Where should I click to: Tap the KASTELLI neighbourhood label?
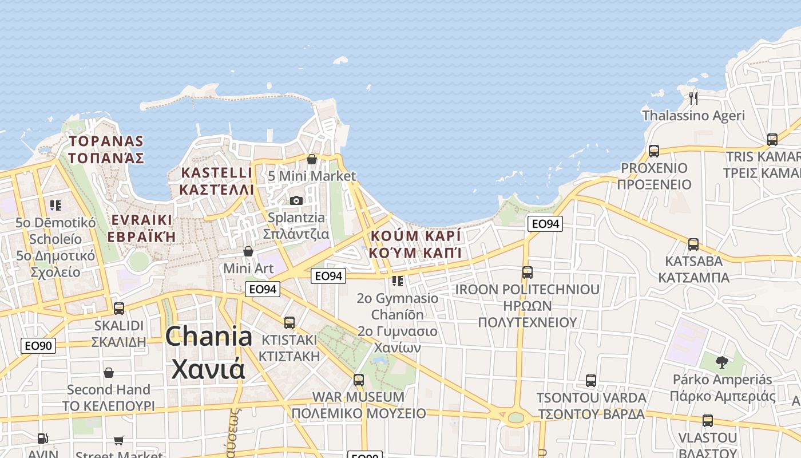[216, 180]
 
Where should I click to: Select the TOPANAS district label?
[106, 149]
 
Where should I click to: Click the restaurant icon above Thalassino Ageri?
[693, 98]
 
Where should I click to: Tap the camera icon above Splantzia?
[296, 200]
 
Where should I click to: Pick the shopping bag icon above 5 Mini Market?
[312, 159]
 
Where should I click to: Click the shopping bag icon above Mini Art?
[248, 251]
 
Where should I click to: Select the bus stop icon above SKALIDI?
[119, 308]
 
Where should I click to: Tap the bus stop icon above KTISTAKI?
[290, 322]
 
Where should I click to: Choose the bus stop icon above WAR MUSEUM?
[359, 380]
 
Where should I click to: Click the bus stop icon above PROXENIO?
[653, 151]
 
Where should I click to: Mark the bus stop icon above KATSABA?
[693, 244]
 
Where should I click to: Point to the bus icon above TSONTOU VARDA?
[591, 381]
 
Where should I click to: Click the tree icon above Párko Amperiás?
[722, 362]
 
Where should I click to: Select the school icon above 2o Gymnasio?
[398, 281]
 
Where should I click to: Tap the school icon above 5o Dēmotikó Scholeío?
[55, 205]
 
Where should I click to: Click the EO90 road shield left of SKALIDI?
[38, 345]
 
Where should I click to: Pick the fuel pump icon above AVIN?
[42, 439]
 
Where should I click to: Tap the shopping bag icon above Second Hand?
[109, 373]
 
